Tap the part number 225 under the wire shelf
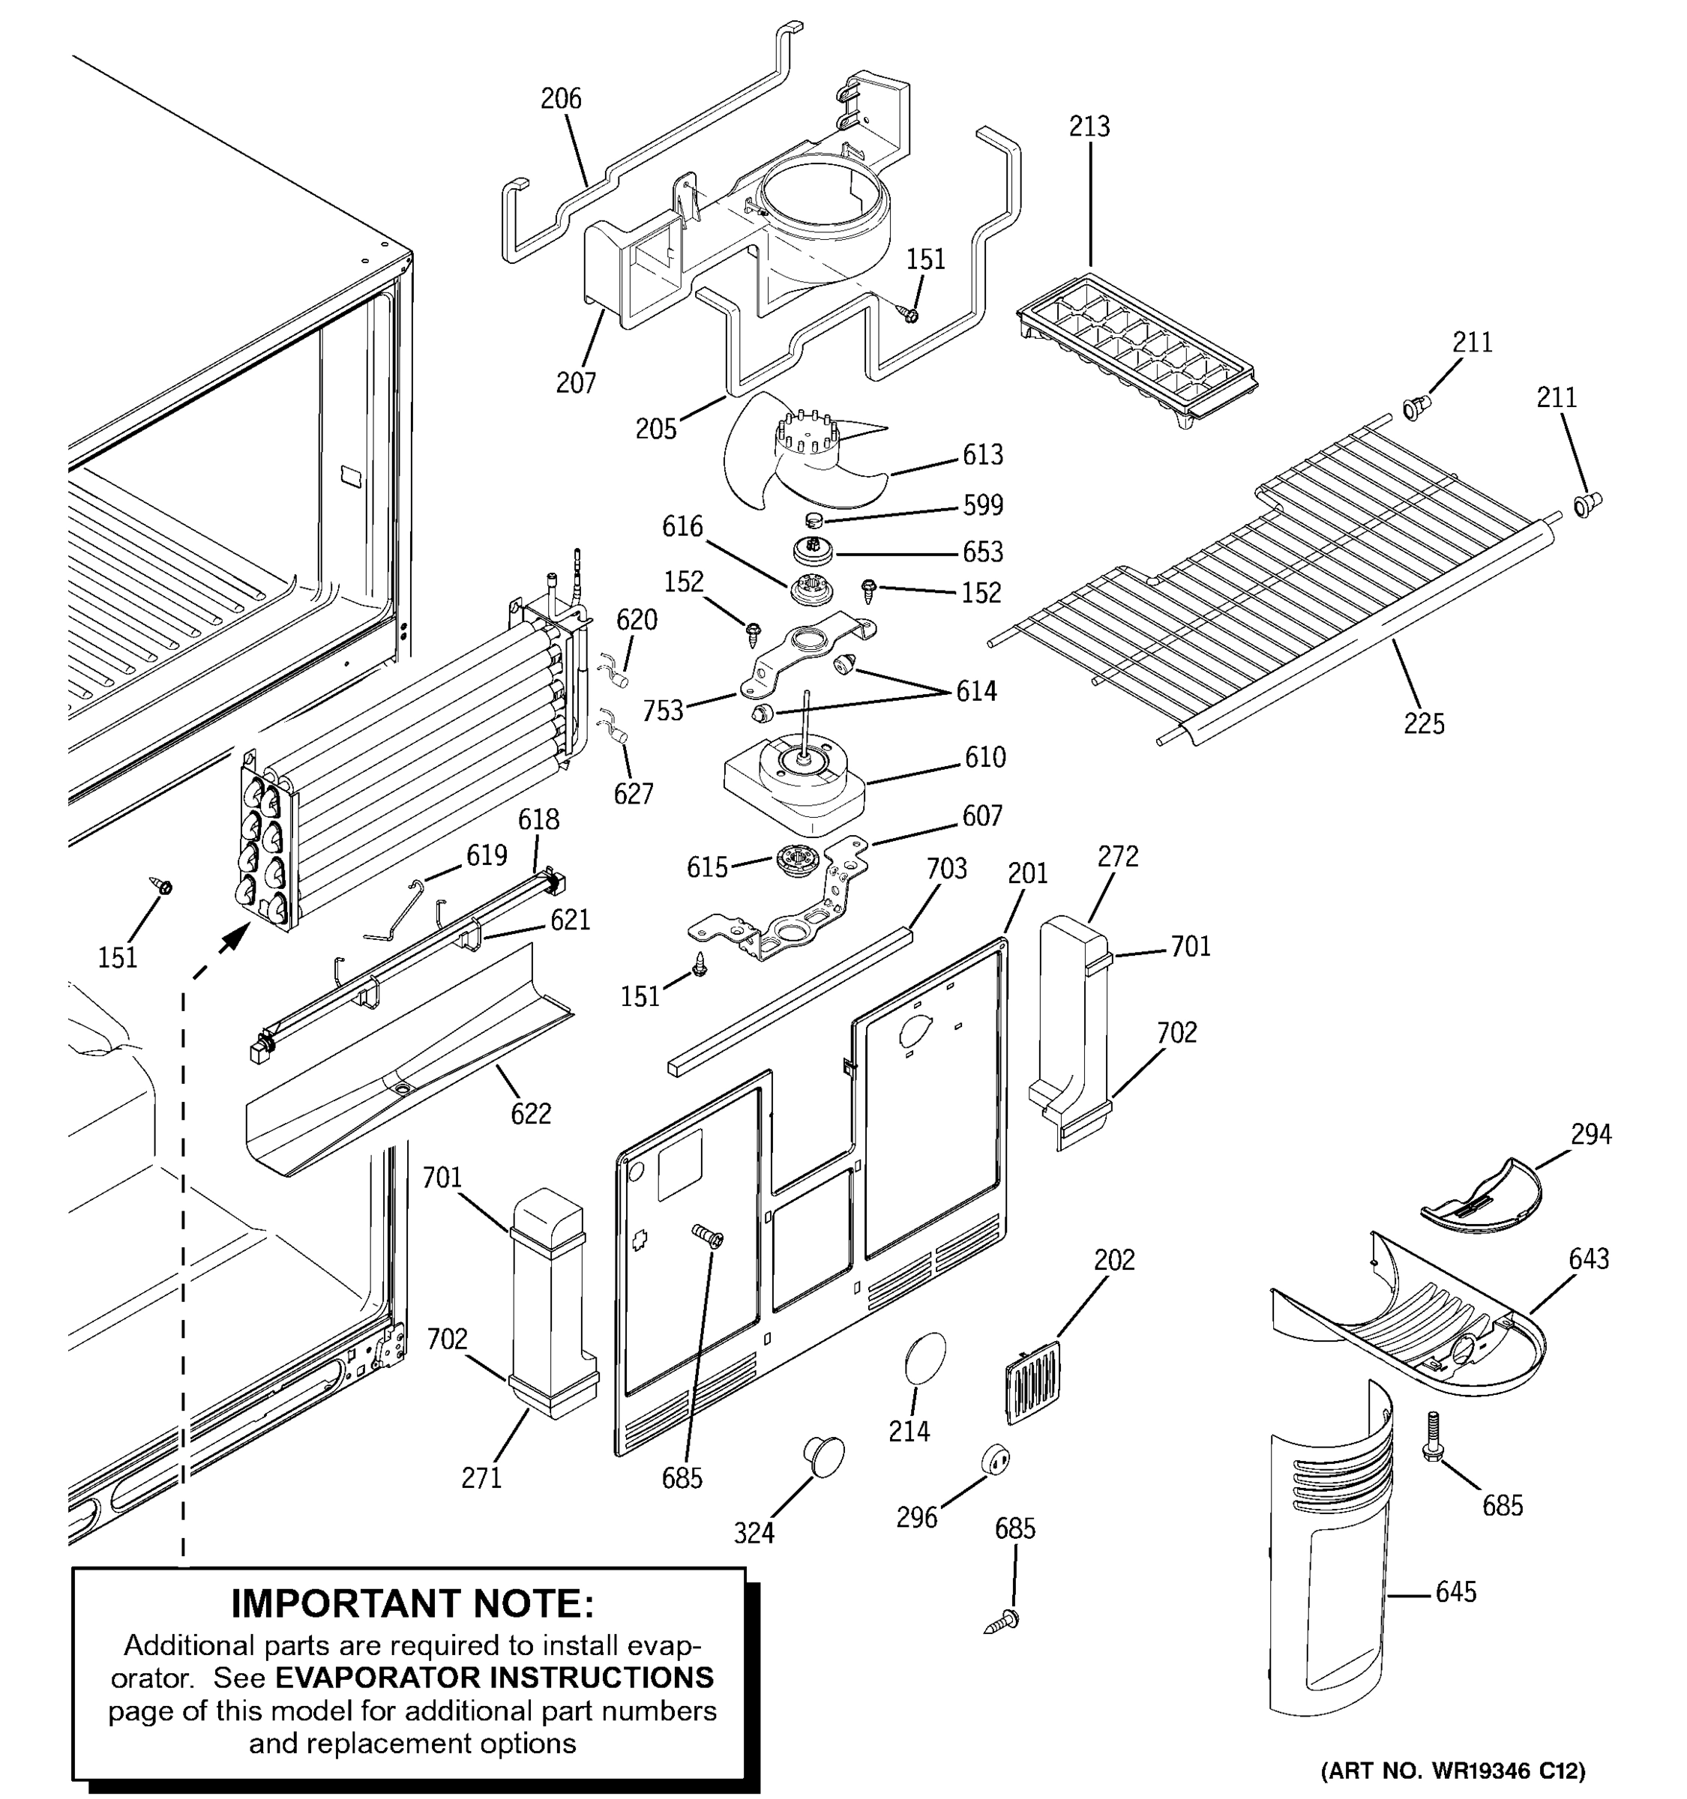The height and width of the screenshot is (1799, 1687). [1424, 724]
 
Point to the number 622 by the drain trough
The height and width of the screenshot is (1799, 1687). [530, 1113]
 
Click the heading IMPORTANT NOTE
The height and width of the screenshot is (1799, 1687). [412, 1603]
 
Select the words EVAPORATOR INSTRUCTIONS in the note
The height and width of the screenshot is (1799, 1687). [494, 1678]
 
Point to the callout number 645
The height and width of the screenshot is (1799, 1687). [1455, 1592]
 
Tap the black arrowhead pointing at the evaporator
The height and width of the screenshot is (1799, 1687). [236, 938]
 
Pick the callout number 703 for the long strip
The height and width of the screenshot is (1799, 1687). [947, 869]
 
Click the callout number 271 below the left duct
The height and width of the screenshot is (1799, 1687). [481, 1477]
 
